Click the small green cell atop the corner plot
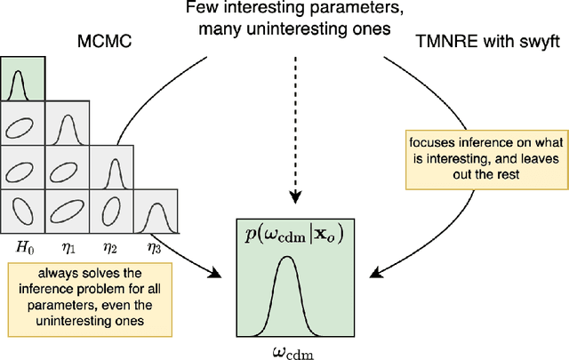(22, 78)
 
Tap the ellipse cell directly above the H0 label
(22, 212)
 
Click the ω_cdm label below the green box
(293, 348)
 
